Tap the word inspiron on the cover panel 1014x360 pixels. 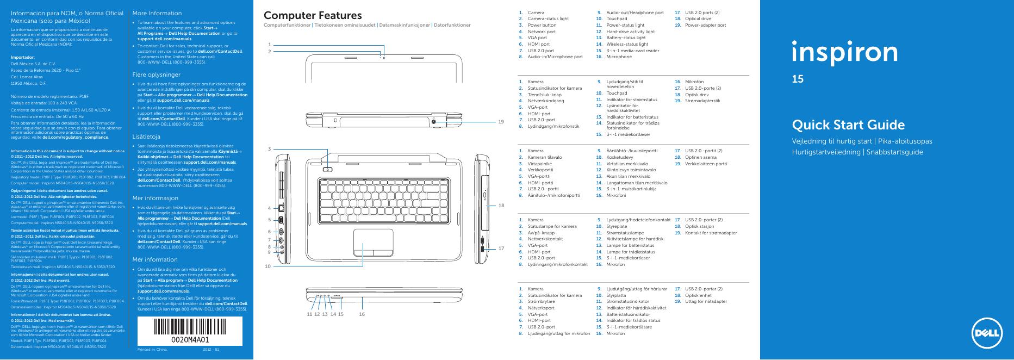[x=844, y=53]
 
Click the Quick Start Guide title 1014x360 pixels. [x=848, y=125]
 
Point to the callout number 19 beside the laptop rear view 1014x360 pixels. [x=501, y=122]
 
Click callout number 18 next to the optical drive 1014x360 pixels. [x=501, y=205]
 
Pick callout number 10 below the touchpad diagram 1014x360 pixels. [x=268, y=266]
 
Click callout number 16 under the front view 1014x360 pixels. [x=362, y=314]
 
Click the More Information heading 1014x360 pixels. [x=157, y=13]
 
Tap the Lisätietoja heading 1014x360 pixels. [x=146, y=136]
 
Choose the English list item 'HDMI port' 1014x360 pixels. [x=539, y=44]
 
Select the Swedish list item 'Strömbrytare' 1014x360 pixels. [x=543, y=302]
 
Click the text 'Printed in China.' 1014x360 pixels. [x=153, y=349]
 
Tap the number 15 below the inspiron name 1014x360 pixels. [x=798, y=79]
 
